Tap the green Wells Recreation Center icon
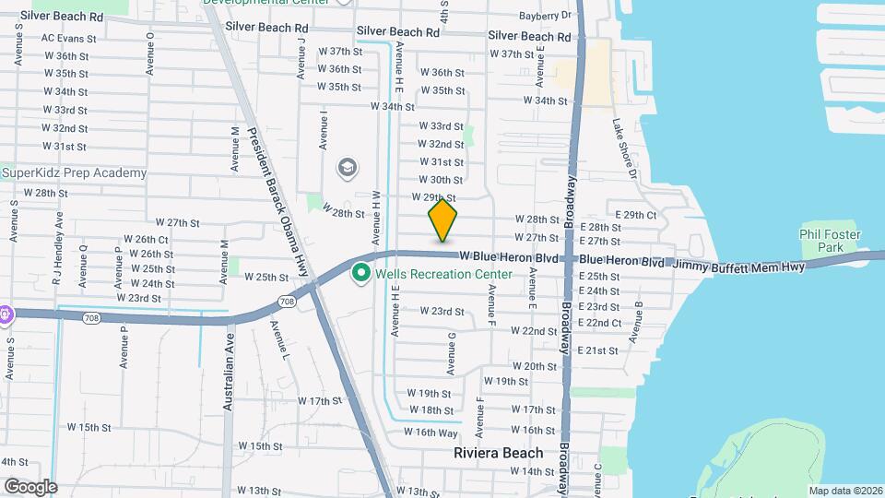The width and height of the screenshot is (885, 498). pos(362,274)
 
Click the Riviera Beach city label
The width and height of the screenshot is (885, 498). pos(498,453)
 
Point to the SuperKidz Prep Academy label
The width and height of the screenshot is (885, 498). pos(74,172)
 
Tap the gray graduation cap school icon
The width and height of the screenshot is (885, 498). pos(348,168)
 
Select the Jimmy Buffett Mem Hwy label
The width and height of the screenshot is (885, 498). pos(737,266)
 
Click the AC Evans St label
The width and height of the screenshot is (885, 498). pos(69,39)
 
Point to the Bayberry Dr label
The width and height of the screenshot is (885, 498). pos(546,16)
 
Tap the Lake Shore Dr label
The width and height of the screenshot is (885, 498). pos(624,148)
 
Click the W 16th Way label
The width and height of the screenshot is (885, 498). pos(431,433)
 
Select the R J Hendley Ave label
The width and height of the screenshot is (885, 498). pos(59,242)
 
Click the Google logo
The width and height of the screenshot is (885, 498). pos(30,487)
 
